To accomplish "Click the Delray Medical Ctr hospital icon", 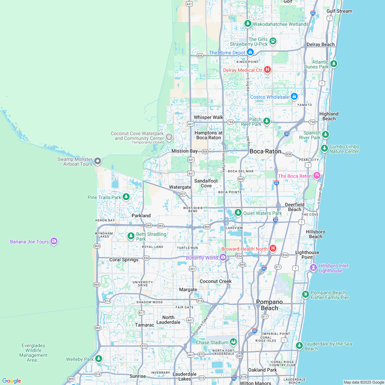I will (267, 70).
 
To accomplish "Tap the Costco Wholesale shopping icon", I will (294, 97).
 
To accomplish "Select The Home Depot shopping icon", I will (250, 52).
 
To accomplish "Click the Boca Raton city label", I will (265, 151).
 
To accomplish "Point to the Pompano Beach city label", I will (269, 305).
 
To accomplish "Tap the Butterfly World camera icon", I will (223, 257).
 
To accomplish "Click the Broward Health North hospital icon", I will (273, 249).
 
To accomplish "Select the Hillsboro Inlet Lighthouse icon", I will (313, 267).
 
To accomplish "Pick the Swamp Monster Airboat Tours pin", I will (98, 161).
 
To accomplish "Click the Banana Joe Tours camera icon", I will (54, 241).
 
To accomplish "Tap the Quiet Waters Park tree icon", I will (238, 213).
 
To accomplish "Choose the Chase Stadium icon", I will (233, 342).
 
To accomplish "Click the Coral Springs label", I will (124, 260).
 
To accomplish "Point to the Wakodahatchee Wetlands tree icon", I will (247, 24).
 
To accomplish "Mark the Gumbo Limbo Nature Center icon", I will (324, 148).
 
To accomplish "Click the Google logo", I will (11, 381).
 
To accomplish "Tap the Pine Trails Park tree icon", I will (126, 197).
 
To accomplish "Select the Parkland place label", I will (141, 216).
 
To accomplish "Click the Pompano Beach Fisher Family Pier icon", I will (305, 294).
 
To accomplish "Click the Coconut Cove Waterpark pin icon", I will (169, 137).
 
